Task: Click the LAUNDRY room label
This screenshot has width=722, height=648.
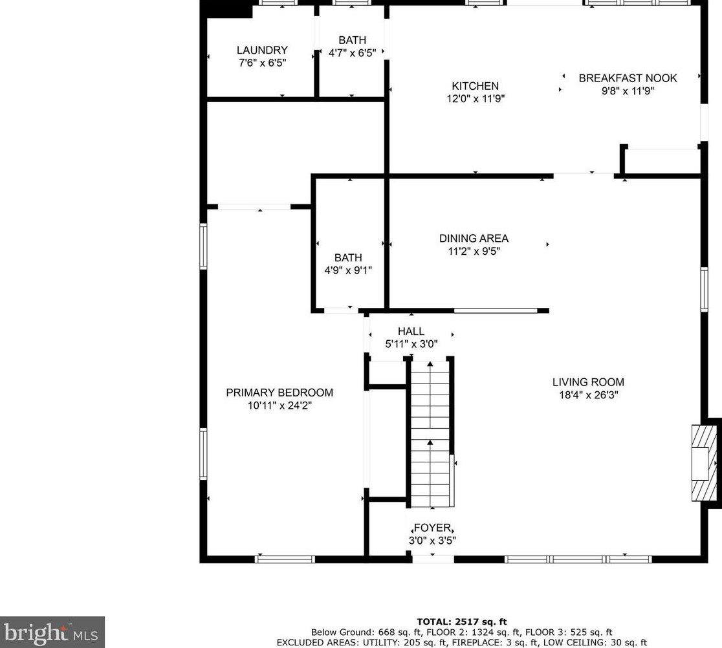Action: tap(262, 50)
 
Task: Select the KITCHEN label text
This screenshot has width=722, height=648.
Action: tap(476, 86)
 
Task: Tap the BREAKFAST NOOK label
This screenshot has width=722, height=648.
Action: tap(628, 78)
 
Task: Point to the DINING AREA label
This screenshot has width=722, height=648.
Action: tap(474, 239)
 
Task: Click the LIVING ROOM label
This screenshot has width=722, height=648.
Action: tap(589, 382)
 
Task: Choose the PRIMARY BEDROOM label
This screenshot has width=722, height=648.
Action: tap(279, 393)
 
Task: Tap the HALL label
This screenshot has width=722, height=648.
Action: tap(411, 331)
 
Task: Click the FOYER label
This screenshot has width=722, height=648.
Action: tap(432, 528)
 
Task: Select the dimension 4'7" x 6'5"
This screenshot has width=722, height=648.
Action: tap(352, 53)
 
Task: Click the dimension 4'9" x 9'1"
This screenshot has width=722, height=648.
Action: tap(348, 270)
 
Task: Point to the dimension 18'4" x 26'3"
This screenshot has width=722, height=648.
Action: tap(589, 395)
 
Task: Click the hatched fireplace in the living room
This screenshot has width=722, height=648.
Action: tap(704, 463)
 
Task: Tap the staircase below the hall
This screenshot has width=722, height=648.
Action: tap(430, 434)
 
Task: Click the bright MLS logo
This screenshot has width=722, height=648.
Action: tap(52, 632)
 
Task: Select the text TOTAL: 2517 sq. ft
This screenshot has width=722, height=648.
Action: tap(462, 621)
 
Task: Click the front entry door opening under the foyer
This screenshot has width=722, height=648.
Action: tap(433, 559)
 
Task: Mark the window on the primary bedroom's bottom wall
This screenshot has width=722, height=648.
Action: tap(285, 559)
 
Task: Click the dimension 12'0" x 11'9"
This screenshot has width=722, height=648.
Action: tap(476, 98)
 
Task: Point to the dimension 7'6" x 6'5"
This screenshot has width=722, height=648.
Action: tap(263, 63)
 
